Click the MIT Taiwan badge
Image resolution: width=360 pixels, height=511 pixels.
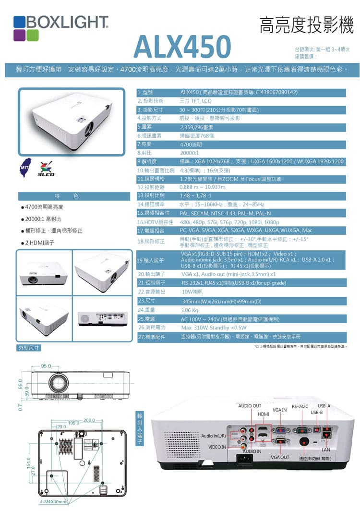[25, 166]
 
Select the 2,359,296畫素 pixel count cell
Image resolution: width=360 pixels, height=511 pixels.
[196, 127]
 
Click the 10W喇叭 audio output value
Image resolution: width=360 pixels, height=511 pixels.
[192, 292]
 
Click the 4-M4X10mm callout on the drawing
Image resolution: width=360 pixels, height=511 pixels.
[53, 502]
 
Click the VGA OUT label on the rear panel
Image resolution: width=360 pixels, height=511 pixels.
[279, 457]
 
